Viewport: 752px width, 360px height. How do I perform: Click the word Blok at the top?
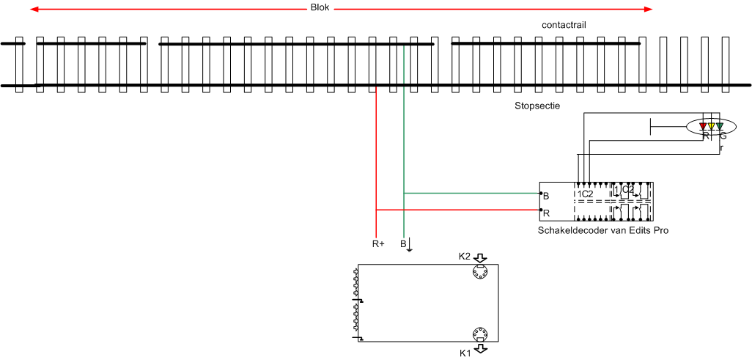pyautogui.click(x=320, y=9)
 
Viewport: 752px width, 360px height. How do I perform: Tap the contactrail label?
pyautogui.click(x=564, y=25)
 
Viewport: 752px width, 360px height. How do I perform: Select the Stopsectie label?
pyautogui.click(x=537, y=106)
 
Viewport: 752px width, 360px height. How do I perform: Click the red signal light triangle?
pyautogui.click(x=704, y=127)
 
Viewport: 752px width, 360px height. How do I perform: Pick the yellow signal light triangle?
pyautogui.click(x=712, y=127)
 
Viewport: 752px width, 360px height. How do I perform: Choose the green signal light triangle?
pyautogui.click(x=720, y=127)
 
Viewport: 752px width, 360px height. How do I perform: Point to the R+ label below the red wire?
pyautogui.click(x=378, y=243)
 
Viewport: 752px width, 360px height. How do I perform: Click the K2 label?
pyautogui.click(x=464, y=257)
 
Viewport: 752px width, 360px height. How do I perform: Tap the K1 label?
pyautogui.click(x=464, y=353)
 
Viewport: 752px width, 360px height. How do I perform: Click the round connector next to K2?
pyautogui.click(x=479, y=273)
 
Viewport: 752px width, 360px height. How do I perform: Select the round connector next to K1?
pyautogui.click(x=479, y=334)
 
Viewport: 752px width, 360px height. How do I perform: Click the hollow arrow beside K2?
pyautogui.click(x=480, y=257)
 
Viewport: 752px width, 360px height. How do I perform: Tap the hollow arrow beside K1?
pyautogui.click(x=480, y=350)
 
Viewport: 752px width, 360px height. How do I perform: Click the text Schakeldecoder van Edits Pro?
pyautogui.click(x=603, y=230)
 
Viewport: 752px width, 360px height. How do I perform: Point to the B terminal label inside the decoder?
pyautogui.click(x=545, y=196)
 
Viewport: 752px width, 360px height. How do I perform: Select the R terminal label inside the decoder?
pyautogui.click(x=545, y=213)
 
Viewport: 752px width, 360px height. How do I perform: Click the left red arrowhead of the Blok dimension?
pyautogui.click(x=33, y=10)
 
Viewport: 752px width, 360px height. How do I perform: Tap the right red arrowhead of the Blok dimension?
pyautogui.click(x=648, y=10)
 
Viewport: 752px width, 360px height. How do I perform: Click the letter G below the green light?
pyautogui.click(x=723, y=136)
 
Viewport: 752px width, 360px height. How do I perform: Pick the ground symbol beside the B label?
pyautogui.click(x=409, y=245)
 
